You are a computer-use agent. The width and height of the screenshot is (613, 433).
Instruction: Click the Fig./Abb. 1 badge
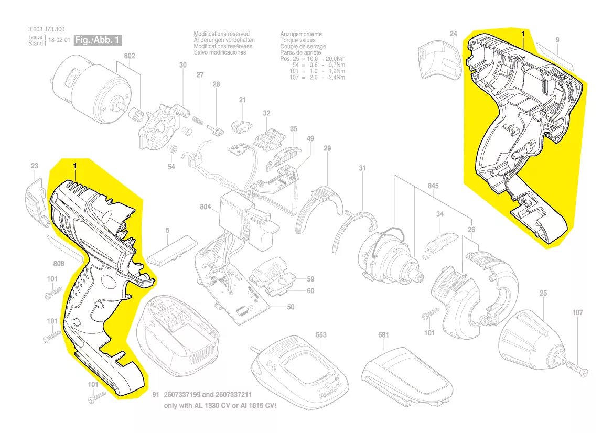click(x=98, y=40)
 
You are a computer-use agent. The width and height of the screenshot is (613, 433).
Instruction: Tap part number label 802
click(x=130, y=56)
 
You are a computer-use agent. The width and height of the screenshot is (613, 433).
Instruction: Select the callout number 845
click(x=433, y=186)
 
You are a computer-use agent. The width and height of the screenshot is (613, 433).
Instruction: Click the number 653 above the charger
click(x=321, y=334)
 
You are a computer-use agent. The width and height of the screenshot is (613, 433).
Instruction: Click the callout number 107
click(x=577, y=313)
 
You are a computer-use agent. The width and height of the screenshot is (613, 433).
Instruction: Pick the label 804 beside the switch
click(x=205, y=207)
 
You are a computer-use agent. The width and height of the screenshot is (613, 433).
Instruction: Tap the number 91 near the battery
click(x=155, y=394)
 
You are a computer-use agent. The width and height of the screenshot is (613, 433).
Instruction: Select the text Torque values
click(x=298, y=40)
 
